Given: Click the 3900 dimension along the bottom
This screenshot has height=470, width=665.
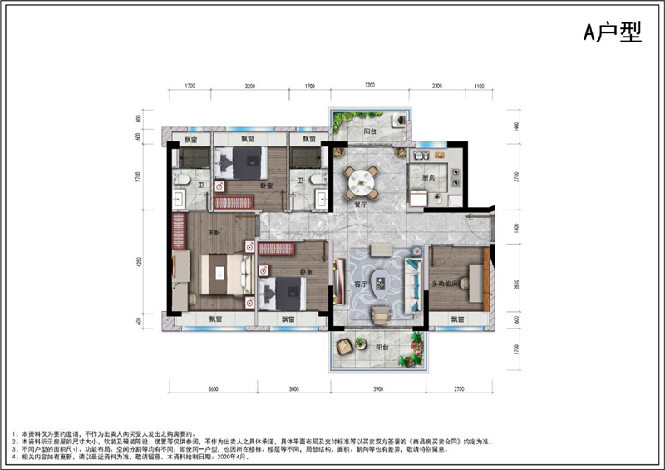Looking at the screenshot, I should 378,388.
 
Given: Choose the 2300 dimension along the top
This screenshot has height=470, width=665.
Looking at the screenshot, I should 437,86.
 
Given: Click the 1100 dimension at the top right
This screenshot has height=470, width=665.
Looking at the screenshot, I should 479,86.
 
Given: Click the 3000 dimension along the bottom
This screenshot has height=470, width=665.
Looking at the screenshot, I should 288,388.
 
